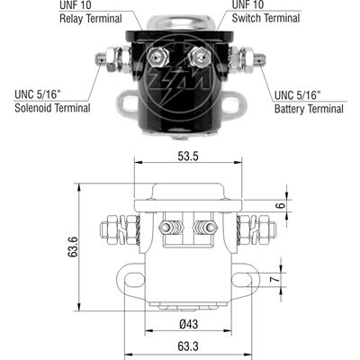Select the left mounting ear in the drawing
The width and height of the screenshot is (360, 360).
[135, 278]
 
